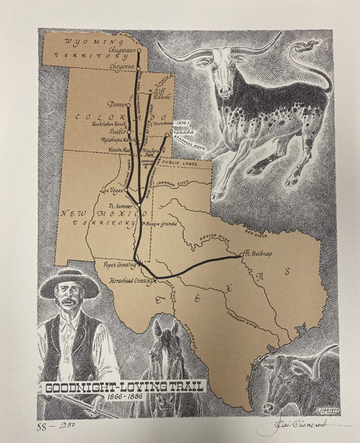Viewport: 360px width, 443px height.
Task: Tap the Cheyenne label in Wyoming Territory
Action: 121,65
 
